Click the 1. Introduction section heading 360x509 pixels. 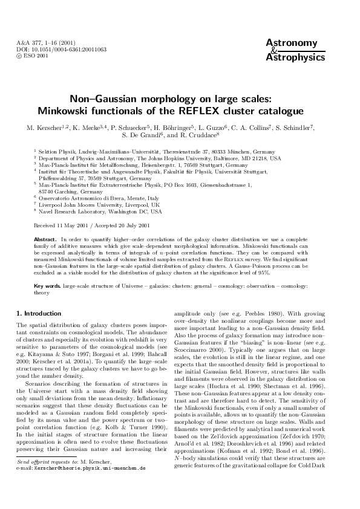tap(38, 313)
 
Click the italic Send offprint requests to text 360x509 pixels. tap(49, 478)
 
